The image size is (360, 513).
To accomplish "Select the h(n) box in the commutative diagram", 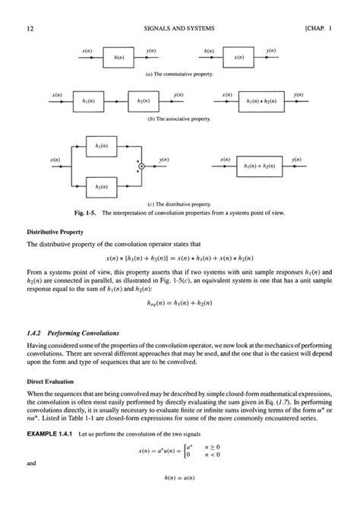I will (118, 57).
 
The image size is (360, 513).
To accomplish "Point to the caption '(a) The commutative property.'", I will (179, 74).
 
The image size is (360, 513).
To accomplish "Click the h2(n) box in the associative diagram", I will (143, 100).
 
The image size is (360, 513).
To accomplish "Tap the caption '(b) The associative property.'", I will (179, 119).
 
